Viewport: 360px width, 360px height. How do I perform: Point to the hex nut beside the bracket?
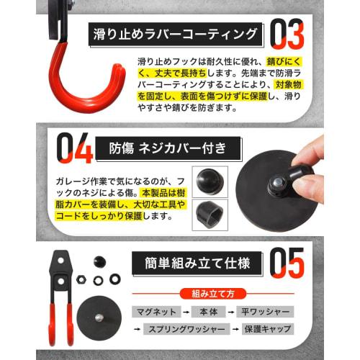point(83,276)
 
